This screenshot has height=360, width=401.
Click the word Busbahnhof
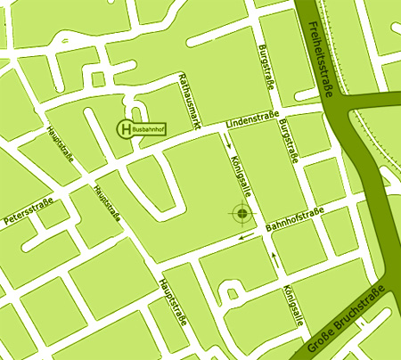coord(150,129)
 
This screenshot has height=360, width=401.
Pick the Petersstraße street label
coord(30,212)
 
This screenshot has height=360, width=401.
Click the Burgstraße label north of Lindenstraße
coord(265,68)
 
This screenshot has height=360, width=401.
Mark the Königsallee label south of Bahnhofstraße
coord(288,306)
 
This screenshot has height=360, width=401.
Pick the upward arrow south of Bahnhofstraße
coord(274,260)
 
